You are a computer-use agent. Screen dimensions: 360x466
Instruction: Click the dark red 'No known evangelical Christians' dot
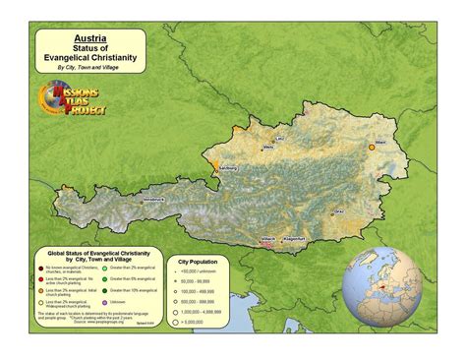pos(39,269)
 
